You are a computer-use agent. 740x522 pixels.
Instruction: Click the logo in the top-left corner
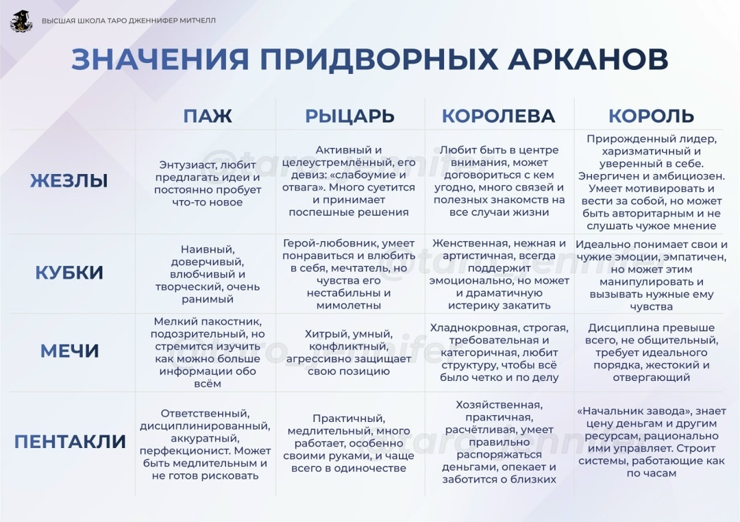(x=21, y=21)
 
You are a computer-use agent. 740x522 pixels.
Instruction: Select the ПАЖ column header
(x=207, y=116)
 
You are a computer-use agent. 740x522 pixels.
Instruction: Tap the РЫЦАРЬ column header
(x=349, y=116)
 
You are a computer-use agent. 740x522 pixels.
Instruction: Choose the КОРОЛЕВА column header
(x=498, y=116)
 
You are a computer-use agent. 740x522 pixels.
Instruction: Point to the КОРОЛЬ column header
(x=651, y=116)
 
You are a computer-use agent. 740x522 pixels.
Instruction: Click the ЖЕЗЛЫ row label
(x=69, y=181)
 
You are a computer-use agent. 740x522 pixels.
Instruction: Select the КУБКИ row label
(x=69, y=273)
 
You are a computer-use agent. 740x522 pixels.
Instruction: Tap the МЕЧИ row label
(x=69, y=351)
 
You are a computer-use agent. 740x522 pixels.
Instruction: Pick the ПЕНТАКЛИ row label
(x=70, y=442)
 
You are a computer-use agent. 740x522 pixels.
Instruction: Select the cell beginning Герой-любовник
(x=349, y=274)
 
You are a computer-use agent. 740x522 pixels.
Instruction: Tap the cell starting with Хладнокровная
(x=499, y=352)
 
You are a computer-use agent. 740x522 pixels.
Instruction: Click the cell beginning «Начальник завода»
(x=651, y=443)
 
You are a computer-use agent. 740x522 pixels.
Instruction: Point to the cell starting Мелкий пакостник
(x=207, y=352)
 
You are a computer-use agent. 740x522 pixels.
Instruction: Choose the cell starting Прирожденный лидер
(x=651, y=181)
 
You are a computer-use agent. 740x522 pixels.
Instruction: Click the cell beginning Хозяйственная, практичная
(x=499, y=443)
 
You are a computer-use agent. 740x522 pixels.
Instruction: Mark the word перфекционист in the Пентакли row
(x=186, y=451)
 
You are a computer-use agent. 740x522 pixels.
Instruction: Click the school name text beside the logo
(x=129, y=21)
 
